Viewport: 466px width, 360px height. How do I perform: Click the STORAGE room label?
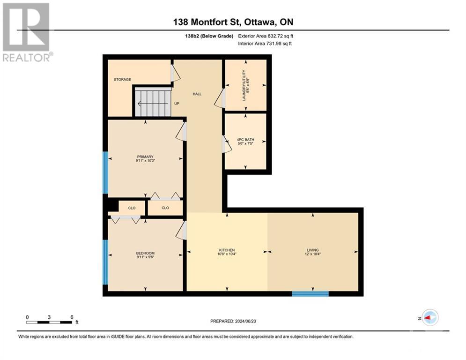tap(122, 80)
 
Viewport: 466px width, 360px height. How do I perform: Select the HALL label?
tap(197, 94)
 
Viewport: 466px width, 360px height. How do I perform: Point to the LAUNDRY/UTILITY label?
tap(244, 82)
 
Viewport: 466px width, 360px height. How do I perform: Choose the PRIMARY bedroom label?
tap(145, 157)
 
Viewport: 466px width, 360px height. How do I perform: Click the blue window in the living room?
tap(310, 294)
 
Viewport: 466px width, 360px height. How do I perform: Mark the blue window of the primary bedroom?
tap(105, 172)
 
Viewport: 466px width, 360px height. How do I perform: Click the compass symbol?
tap(429, 318)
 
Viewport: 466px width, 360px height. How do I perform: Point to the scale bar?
tap(49, 322)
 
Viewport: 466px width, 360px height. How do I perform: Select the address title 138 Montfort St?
tap(233, 22)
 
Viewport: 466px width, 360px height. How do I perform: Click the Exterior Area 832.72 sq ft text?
tap(266, 36)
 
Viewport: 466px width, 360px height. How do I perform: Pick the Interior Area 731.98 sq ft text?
tap(266, 44)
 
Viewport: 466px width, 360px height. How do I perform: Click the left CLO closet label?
tap(132, 207)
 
